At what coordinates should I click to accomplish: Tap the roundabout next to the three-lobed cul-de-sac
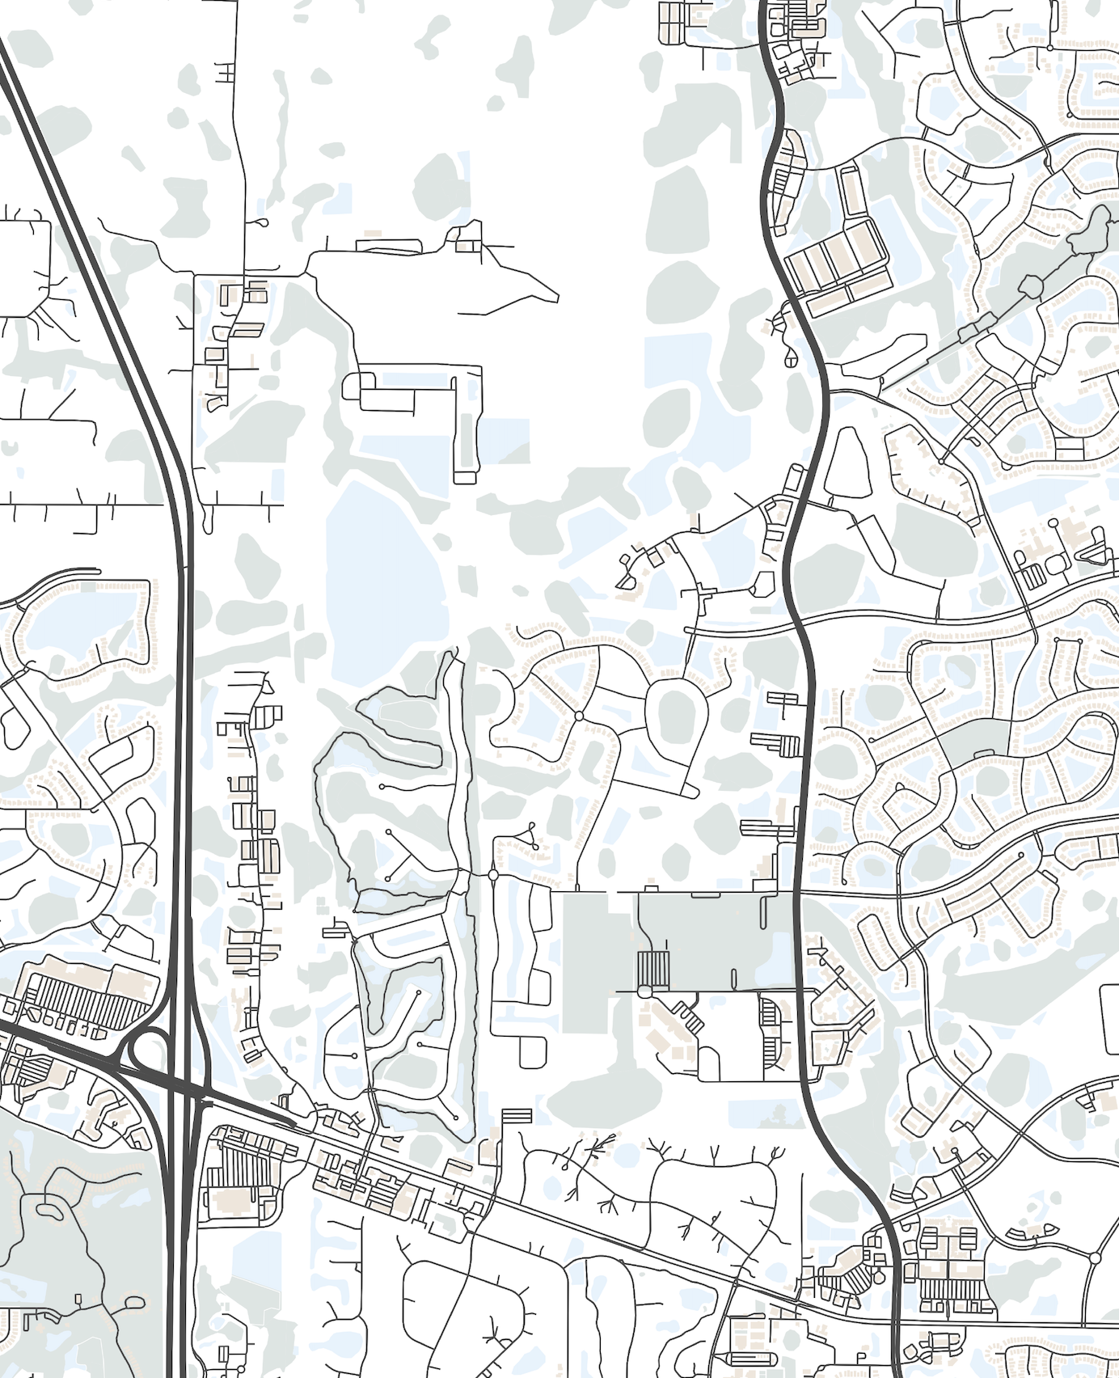(493, 874)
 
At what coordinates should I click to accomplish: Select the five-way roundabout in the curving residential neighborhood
(579, 716)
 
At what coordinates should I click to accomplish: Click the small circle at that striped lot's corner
(644, 991)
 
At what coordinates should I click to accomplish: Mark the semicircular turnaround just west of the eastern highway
(761, 584)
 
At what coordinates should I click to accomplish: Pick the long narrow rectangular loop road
(466, 425)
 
